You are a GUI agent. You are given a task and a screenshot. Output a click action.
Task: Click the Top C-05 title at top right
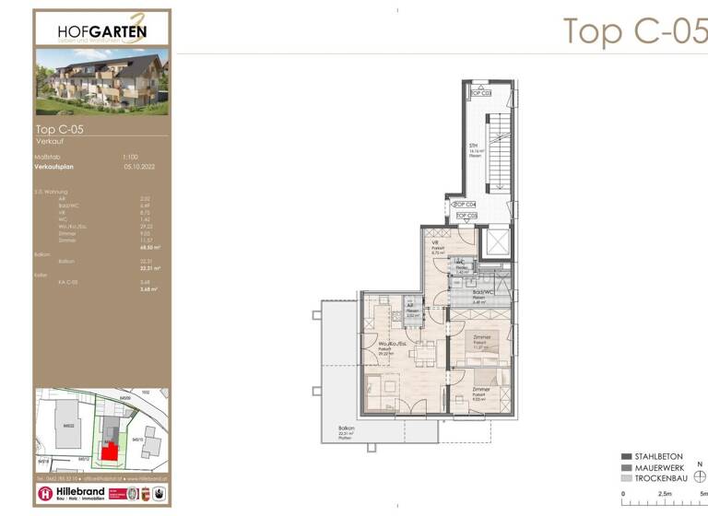634,29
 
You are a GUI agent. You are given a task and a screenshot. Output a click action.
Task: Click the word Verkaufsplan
53,168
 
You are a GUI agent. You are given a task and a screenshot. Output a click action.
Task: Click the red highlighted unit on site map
110,451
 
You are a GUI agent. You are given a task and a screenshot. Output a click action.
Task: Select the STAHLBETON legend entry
657,456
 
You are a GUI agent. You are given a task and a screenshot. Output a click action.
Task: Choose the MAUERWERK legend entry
657,468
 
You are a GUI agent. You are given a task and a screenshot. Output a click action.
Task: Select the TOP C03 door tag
479,93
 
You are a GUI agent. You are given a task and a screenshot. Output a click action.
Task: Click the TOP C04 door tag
466,204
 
